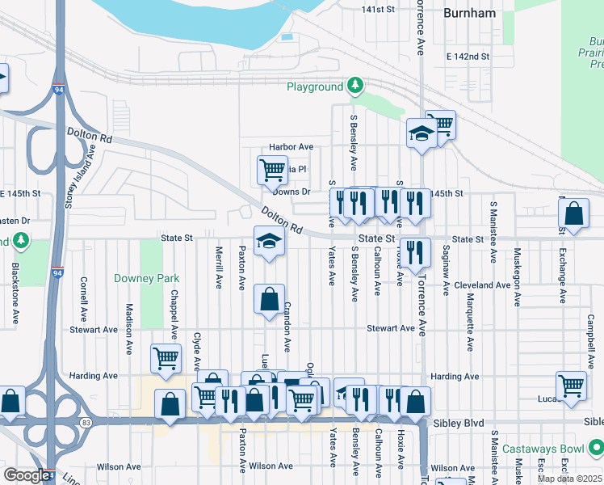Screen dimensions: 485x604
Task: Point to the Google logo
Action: pos(26,475)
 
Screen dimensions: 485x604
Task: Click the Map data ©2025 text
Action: pos(568,479)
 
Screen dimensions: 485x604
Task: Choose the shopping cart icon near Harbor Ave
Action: pos(272,169)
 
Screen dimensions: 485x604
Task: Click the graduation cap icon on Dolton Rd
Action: pos(270,241)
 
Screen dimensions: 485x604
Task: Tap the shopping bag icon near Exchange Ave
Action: pos(573,214)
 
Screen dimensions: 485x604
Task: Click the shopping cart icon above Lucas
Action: pos(571,385)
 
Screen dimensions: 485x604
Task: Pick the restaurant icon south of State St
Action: pos(415,251)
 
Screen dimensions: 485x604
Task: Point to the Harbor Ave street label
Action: pos(290,147)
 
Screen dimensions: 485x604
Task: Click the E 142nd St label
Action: pos(468,57)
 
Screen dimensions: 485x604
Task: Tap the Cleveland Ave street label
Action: pos(481,285)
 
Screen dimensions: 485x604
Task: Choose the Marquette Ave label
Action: pos(469,321)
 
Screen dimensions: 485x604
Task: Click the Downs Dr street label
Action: pos(292,192)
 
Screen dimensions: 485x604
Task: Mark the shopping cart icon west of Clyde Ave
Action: pos(166,357)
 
